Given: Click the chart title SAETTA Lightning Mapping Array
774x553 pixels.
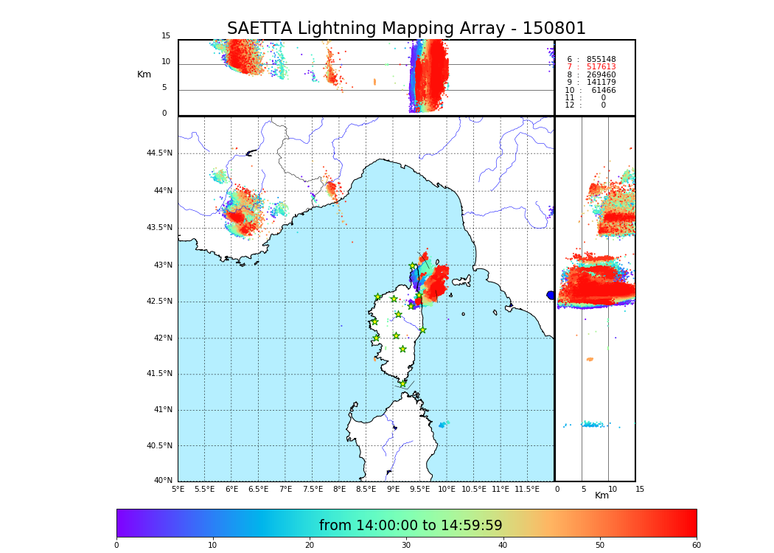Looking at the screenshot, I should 406,29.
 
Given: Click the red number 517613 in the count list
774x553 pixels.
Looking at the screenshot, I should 601,67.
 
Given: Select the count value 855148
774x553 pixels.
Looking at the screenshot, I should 601,60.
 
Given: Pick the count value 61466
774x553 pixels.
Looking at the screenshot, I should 603,91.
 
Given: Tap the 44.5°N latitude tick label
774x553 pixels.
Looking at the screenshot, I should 158,153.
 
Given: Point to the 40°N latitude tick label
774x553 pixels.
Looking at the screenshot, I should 163,481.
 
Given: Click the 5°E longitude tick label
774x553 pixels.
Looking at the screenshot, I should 178,489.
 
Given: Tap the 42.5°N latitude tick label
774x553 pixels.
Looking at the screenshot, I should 158,301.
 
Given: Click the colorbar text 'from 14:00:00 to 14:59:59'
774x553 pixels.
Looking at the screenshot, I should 411,526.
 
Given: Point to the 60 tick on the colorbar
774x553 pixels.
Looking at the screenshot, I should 696,546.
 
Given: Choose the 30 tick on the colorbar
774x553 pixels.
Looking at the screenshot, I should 406,546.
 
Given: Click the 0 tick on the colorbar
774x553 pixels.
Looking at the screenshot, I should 116,546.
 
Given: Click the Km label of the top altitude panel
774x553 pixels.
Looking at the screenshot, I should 144,74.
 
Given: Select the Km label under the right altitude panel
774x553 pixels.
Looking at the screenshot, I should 602,495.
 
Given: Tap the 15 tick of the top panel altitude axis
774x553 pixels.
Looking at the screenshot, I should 166,36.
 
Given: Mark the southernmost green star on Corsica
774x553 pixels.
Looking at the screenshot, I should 402,383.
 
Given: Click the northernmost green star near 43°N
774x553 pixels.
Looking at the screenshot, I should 413,266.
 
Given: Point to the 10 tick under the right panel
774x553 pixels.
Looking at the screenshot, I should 613,489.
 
